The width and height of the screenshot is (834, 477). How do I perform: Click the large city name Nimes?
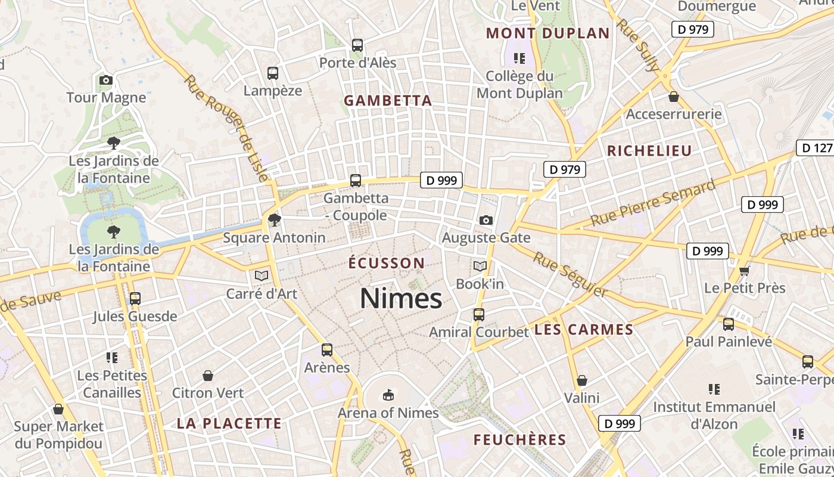(401, 298)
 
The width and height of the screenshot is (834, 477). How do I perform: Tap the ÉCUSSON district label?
(387, 263)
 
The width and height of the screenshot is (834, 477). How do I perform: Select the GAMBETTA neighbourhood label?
(388, 101)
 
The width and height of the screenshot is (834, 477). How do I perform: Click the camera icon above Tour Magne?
(106, 80)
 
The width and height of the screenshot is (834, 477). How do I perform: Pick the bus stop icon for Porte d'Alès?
(357, 45)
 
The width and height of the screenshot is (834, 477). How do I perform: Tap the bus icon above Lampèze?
(273, 73)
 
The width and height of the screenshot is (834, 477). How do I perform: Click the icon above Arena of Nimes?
(388, 395)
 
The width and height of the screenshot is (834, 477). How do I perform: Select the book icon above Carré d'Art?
(261, 275)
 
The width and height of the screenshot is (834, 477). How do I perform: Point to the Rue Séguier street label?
(570, 275)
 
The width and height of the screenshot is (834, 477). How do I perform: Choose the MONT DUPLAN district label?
(548, 33)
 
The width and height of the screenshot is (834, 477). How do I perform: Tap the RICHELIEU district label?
(649, 150)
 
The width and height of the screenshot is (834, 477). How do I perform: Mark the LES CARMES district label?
(584, 330)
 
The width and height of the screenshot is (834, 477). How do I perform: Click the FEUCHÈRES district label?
(519, 440)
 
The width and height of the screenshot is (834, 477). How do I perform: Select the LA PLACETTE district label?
(229, 423)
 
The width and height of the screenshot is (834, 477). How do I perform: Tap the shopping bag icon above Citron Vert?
(208, 376)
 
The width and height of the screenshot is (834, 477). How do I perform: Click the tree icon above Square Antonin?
(274, 220)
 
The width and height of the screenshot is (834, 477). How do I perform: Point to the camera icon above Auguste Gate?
(486, 220)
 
